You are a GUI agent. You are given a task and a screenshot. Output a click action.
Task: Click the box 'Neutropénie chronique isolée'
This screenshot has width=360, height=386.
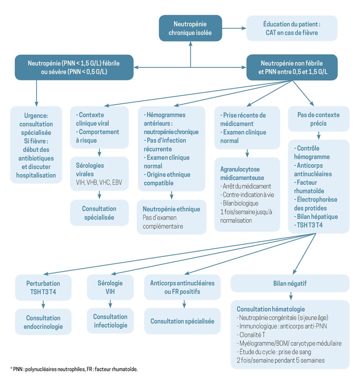point(190,28)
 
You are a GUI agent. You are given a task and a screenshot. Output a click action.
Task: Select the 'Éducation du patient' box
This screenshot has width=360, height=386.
point(291,28)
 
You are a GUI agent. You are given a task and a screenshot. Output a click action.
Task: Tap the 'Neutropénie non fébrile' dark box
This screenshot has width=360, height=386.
point(291,67)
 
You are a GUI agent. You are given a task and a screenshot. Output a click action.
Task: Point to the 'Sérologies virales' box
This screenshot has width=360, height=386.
point(99,173)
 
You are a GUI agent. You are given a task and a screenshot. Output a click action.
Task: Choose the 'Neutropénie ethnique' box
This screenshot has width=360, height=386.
point(172,218)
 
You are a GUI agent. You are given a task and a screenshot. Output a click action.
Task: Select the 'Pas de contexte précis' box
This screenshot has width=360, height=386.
point(318,119)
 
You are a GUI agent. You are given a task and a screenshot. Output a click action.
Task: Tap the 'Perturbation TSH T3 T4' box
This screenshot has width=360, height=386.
point(44,287)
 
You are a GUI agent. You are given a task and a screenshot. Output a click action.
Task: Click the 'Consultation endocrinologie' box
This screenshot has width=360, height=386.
point(44,322)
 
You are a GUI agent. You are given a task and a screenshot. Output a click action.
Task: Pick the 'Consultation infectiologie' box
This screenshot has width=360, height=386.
point(110,320)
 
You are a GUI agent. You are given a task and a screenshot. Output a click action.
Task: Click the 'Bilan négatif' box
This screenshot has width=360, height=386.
point(289,283)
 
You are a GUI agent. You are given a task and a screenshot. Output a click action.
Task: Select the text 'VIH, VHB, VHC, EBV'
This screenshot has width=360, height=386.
point(99,183)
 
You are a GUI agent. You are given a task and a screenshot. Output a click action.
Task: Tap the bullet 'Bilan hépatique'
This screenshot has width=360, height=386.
point(316,217)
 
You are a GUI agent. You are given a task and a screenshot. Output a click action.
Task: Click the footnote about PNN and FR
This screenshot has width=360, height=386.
point(74,369)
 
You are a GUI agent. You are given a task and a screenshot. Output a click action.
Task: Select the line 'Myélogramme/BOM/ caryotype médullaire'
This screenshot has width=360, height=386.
point(289,343)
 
